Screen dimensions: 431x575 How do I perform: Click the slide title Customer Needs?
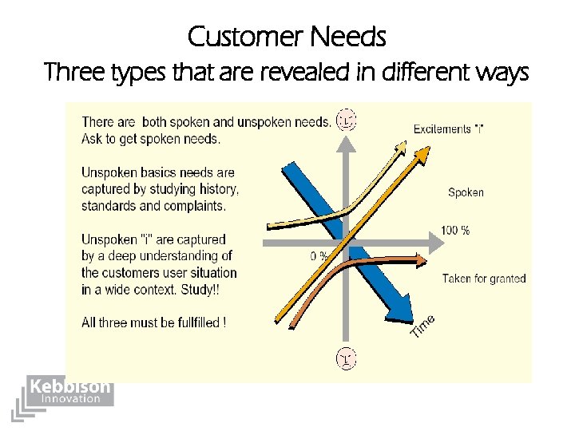(x=287, y=37)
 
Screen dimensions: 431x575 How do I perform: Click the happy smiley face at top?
(x=346, y=120)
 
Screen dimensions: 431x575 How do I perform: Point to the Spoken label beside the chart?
(x=466, y=192)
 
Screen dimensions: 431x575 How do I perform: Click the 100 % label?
(x=454, y=231)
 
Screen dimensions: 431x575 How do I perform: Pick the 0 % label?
(x=319, y=256)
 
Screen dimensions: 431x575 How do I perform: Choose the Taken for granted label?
(x=483, y=279)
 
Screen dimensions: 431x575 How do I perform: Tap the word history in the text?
(x=217, y=189)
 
